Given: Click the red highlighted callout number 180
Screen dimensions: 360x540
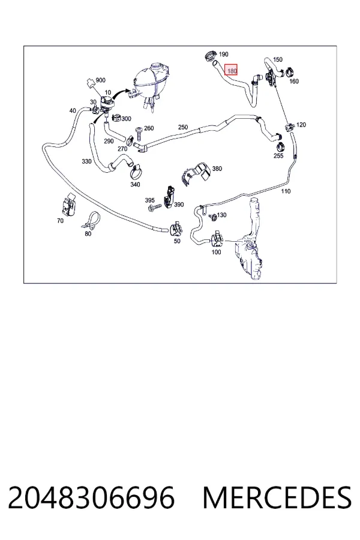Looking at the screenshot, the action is (231, 70).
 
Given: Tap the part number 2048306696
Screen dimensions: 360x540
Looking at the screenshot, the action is (91, 497).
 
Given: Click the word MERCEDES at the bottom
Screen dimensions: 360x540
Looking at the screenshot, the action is (277, 497).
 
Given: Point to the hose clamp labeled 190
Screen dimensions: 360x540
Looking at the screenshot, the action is (211, 55).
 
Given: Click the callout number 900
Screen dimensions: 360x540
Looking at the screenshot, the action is (100, 80).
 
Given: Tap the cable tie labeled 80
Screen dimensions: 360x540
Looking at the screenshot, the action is (91, 221).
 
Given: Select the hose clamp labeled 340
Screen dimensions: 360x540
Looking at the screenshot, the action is (137, 170).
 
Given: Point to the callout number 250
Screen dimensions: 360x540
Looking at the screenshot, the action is (183, 127).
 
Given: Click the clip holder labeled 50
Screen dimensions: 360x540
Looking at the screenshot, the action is (176, 227).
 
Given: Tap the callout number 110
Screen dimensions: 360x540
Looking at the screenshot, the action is (286, 191).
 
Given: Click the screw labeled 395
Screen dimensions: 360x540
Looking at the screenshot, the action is (154, 208).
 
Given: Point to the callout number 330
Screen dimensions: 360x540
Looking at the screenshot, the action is (86, 161).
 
